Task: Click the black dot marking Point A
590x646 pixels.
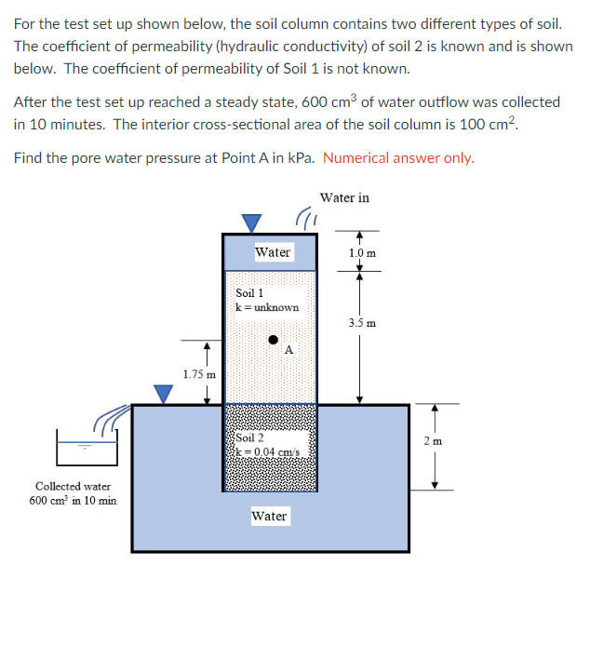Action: (274, 340)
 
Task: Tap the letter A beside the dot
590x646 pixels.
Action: (289, 350)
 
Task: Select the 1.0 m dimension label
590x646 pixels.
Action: (362, 252)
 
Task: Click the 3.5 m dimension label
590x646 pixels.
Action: (362, 323)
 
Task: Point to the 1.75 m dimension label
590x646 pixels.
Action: (199, 374)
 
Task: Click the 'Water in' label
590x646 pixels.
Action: (344, 197)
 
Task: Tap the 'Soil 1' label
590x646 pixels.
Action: (249, 292)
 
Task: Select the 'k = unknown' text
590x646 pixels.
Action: (267, 306)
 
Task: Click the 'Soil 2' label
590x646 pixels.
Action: (249, 437)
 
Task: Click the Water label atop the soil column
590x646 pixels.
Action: (273, 251)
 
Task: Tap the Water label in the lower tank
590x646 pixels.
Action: (269, 516)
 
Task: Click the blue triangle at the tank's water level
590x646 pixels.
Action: (164, 395)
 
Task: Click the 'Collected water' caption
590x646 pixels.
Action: (73, 486)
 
